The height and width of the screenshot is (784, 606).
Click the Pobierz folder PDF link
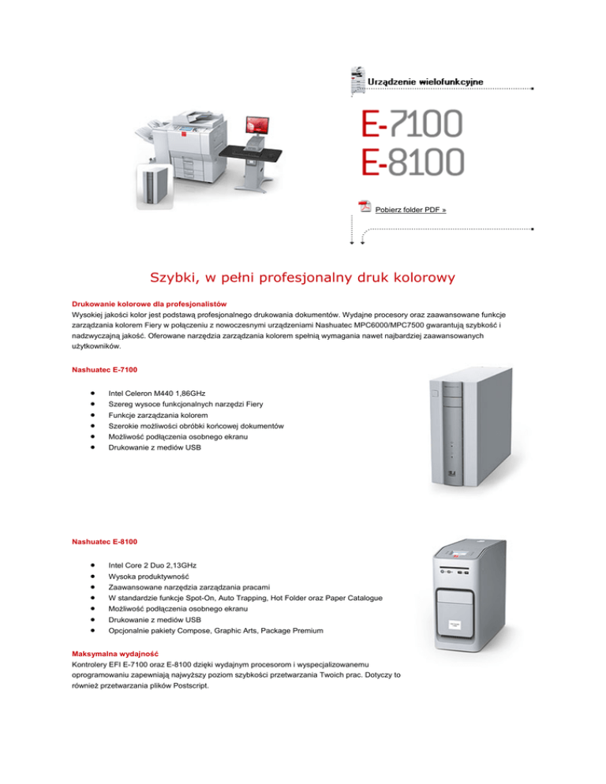[411, 210]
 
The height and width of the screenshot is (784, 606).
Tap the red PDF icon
[365, 207]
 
